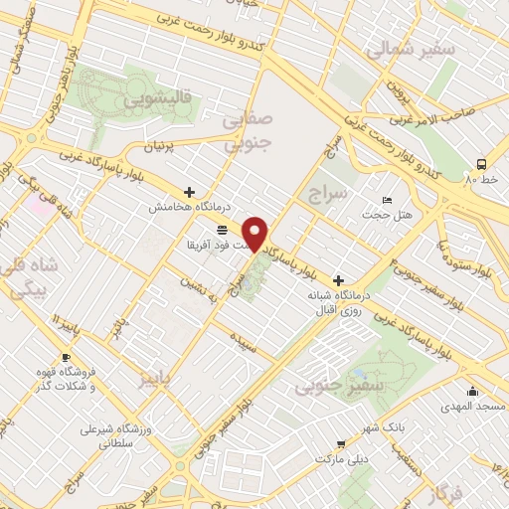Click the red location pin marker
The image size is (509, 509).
[256, 234]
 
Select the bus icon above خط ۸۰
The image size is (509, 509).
[482, 163]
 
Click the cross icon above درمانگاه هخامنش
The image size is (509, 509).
[189, 192]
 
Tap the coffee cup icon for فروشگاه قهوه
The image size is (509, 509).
[66, 358]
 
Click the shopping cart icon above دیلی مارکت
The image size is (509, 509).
[341, 444]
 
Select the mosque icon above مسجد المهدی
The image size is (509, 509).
[472, 392]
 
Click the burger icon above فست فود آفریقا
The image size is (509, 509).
[220, 230]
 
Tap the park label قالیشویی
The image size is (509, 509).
[151, 100]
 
